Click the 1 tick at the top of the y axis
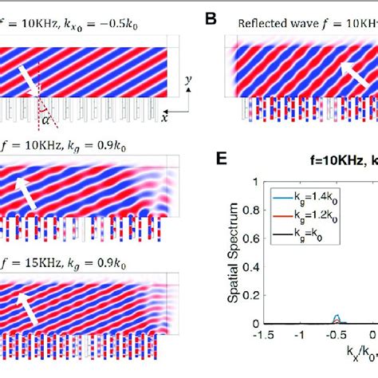(x=253, y=183)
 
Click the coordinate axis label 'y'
(x=186, y=81)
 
